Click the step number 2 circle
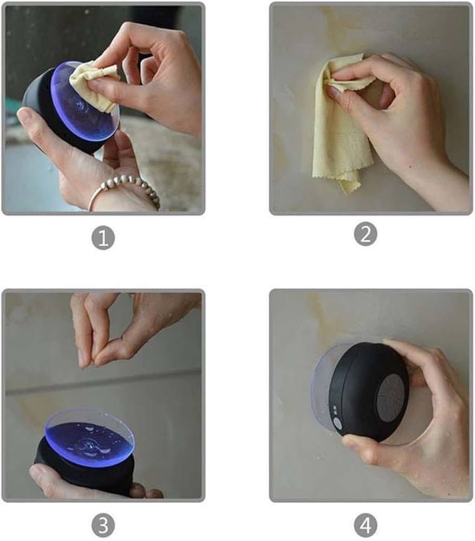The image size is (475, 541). pyautogui.click(x=366, y=234)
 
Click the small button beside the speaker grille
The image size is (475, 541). pyautogui.click(x=338, y=424)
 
